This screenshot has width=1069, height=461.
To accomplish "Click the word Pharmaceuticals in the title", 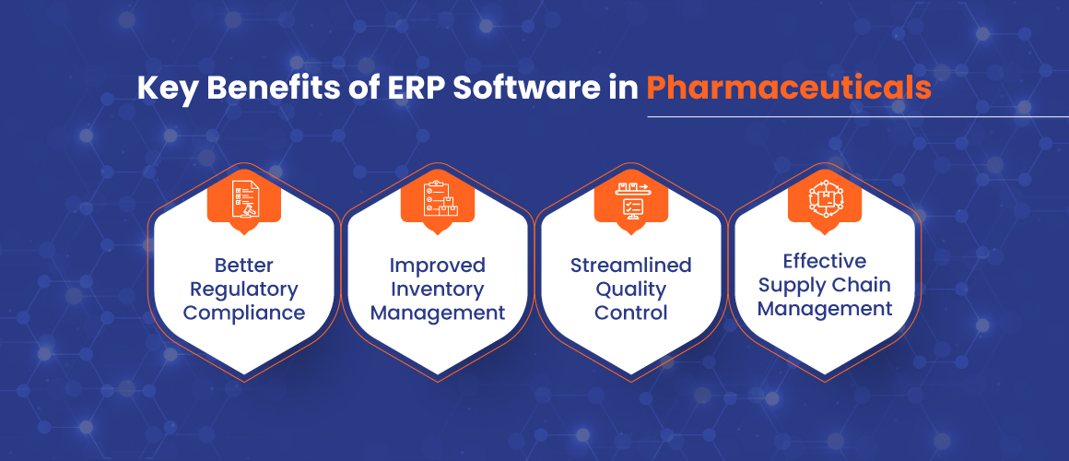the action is click(789, 89).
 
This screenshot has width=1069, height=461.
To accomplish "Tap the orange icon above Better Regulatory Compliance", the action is click(243, 200).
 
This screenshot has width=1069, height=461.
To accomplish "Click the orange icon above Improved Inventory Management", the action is click(437, 200).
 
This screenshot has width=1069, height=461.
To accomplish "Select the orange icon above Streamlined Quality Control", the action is click(630, 200).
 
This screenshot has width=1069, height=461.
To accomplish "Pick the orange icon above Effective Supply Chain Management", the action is click(824, 200).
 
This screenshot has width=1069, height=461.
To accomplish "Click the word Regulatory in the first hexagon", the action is click(244, 290).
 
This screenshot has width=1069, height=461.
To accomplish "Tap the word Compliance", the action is click(244, 313).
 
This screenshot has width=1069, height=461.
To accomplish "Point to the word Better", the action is click(244, 265).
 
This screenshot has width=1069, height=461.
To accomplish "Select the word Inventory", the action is click(438, 290).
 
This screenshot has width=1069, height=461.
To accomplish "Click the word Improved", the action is click(438, 266).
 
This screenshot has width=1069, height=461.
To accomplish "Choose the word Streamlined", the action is click(630, 265).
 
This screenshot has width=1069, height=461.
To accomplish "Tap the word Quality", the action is click(630, 290).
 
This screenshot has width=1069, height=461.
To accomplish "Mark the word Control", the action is click(630, 313).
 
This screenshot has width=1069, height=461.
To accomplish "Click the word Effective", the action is click(825, 261).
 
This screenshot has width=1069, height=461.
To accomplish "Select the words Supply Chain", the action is click(825, 286).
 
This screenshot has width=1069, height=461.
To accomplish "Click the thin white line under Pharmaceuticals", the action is click(858, 116).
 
